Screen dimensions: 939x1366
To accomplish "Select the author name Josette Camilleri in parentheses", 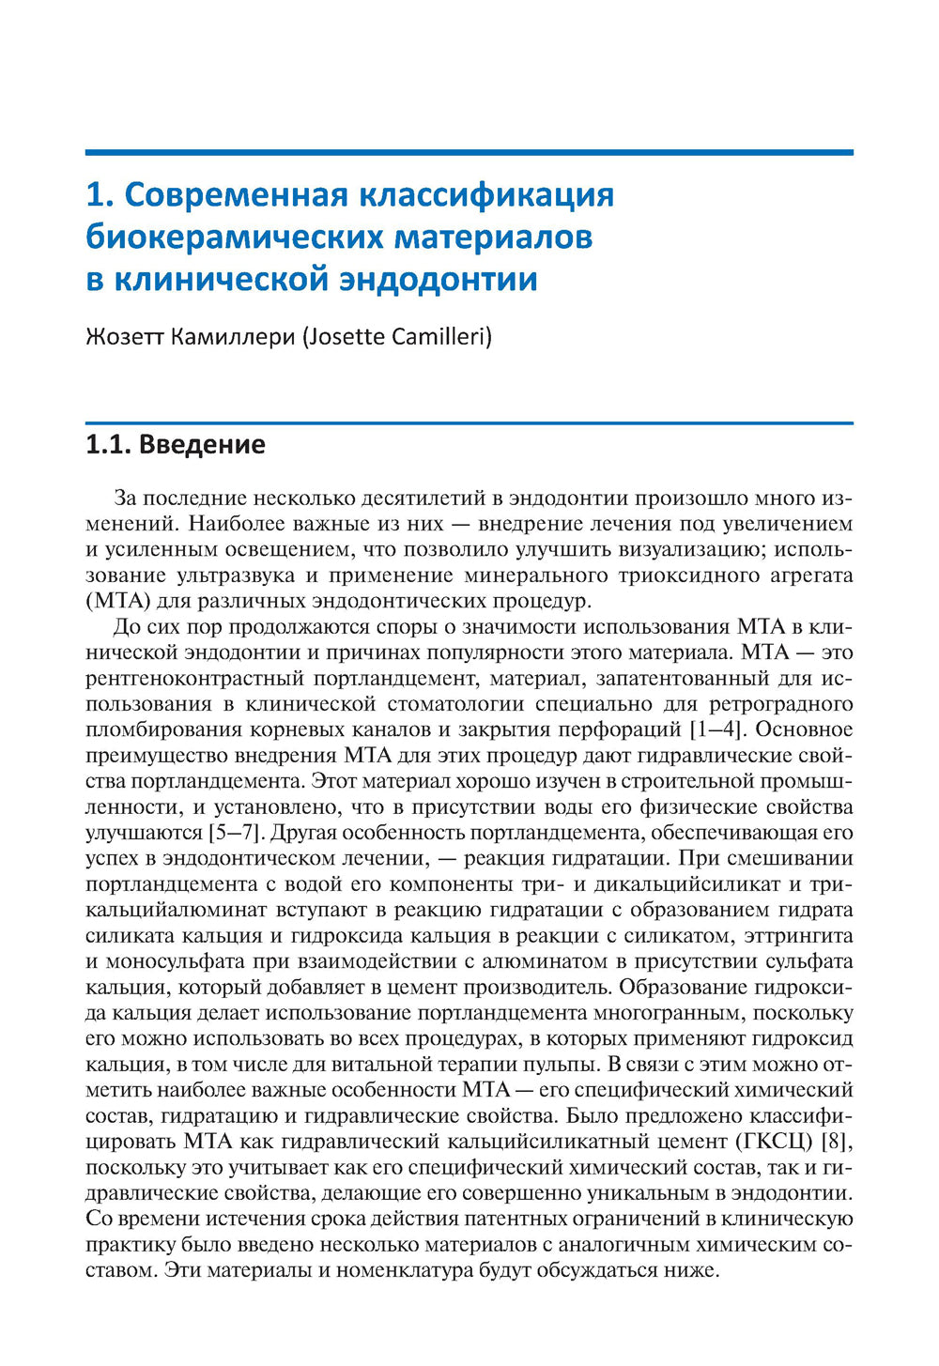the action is coord(396,335).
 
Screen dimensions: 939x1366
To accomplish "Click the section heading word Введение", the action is coord(202,444).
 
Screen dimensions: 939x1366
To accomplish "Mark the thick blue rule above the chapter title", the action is coord(469,151).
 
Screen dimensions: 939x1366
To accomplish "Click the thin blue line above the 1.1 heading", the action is coord(469,423).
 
